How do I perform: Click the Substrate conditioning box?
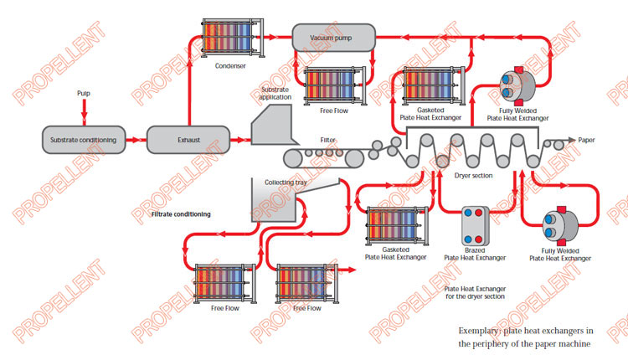[83, 139]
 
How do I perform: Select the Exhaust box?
[188, 139]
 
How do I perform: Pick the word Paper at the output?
[591, 140]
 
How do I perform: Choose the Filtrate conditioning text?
[181, 214]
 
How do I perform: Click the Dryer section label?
[472, 176]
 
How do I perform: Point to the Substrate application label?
[275, 93]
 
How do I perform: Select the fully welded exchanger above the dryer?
[512, 86]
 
